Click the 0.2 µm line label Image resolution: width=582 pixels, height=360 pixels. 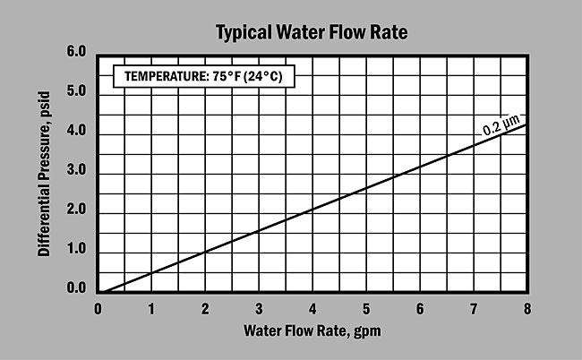501,126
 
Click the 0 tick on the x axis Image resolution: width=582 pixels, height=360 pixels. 98,309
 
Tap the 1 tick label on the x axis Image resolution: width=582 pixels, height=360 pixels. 152,309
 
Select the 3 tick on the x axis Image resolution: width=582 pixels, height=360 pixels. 260,309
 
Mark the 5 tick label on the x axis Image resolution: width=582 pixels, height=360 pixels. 367,309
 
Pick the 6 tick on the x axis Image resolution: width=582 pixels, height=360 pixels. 421,309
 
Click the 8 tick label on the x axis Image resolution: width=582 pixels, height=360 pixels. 527,309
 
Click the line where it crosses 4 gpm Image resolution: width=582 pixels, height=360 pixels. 313,210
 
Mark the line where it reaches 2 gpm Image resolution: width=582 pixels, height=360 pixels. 206,252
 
